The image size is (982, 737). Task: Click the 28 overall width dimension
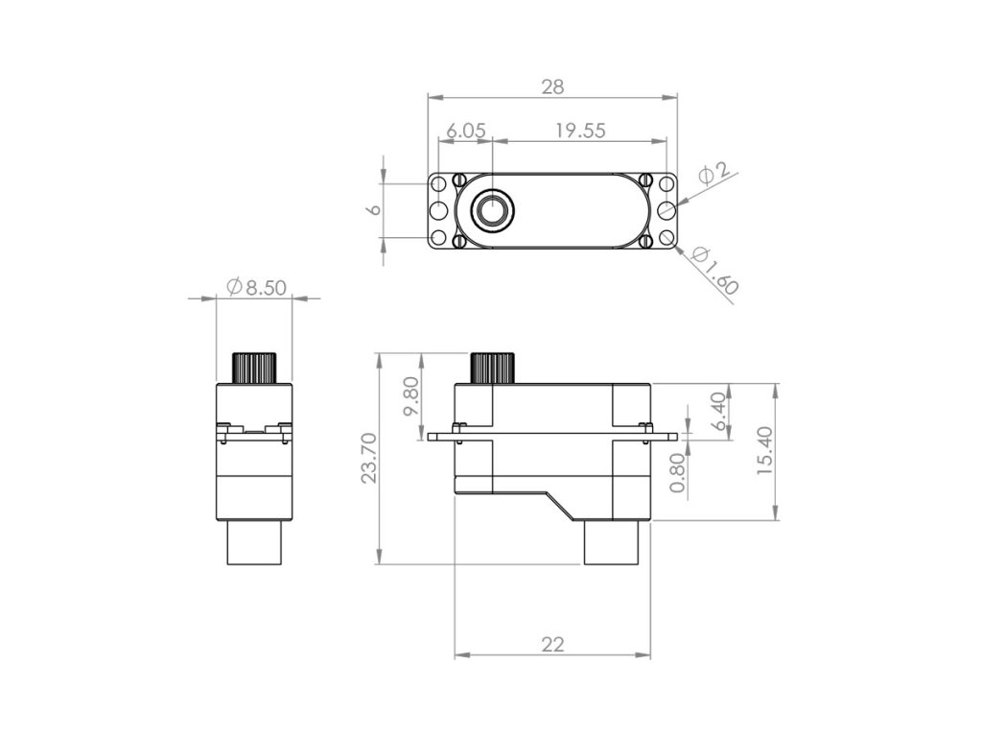553,86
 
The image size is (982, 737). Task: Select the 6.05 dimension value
465,131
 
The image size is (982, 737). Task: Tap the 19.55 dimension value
580,131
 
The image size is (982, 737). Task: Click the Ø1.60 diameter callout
716,271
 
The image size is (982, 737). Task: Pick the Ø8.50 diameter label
255,287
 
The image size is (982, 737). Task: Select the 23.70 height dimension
369,458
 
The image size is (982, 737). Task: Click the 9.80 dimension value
410,396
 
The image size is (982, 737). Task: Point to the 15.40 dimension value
764,450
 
